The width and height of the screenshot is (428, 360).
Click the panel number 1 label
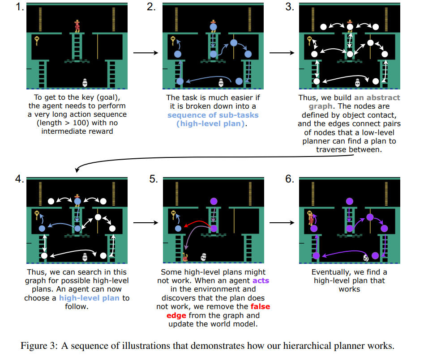[18, 8]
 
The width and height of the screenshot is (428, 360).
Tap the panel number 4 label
[18, 180]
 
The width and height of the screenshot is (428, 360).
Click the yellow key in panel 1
[37, 41]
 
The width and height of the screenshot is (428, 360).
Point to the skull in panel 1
[85, 82]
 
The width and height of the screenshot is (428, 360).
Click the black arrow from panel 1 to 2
[146, 53]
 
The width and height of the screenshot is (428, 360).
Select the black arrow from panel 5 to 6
[282, 222]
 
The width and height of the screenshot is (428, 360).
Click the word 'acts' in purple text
[261, 281]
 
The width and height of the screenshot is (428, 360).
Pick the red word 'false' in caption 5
[260, 307]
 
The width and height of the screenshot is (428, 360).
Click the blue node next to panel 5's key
[178, 228]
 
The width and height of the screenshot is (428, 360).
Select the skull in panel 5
[204, 256]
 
